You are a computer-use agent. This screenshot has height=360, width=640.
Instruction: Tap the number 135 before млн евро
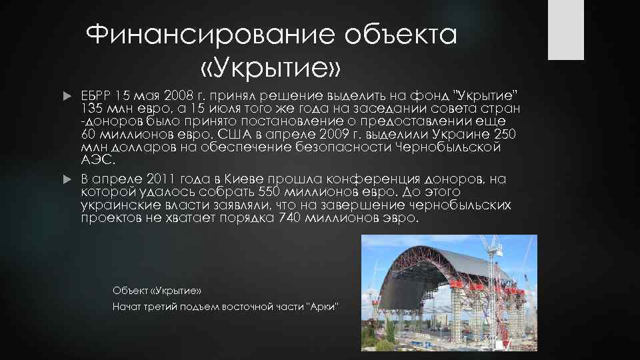tap(92, 109)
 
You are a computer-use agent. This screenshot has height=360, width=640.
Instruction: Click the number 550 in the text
tap(272, 192)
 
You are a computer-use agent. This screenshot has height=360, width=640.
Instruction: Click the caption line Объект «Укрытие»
tap(157, 291)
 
